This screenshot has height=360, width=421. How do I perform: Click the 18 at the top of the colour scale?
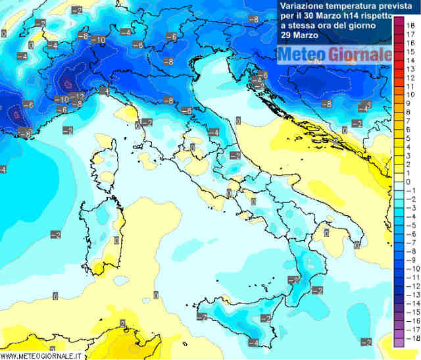(x=410, y=24)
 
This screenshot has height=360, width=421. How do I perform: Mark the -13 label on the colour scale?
(x=409, y=295)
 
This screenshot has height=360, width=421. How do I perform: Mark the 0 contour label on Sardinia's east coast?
(x=116, y=241)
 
